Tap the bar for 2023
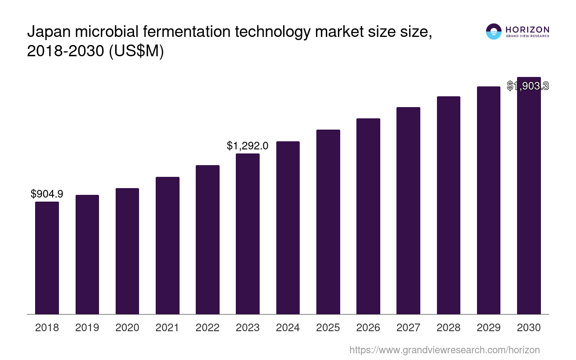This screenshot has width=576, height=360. click(247, 234)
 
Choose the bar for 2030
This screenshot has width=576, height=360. click(529, 198)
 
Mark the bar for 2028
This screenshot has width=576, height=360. click(448, 205)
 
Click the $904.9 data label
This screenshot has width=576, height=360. click(47, 194)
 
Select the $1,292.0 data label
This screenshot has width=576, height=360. click(247, 146)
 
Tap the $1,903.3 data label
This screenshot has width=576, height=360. click(528, 86)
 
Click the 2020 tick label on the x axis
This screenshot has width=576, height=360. click(127, 328)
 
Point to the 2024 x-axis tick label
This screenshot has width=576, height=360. click(288, 328)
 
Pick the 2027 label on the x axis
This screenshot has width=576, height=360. click(408, 328)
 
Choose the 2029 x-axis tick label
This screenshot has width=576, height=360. click(489, 328)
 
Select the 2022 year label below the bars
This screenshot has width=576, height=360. click(207, 328)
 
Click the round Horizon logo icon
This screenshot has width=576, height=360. click(494, 31)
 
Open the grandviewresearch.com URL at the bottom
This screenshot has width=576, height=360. click(445, 350)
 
